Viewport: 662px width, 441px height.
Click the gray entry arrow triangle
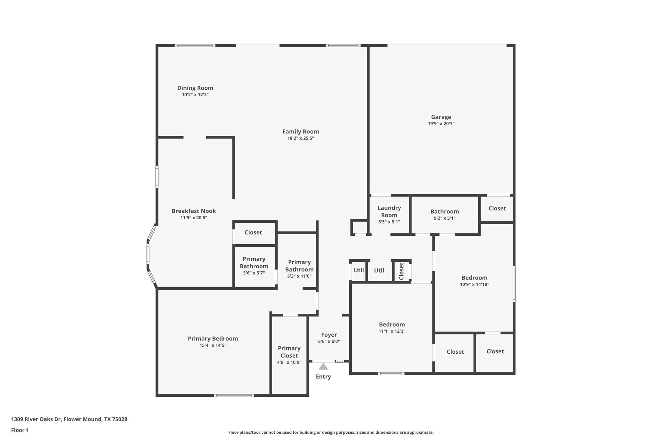(x=323, y=366)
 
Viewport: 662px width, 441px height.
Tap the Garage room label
(x=441, y=117)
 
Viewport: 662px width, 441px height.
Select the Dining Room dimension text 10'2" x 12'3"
(x=195, y=95)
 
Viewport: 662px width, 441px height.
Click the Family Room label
(x=300, y=132)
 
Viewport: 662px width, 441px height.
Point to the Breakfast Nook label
(x=194, y=211)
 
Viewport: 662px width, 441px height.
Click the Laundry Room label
(x=389, y=211)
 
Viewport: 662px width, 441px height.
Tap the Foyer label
(x=329, y=335)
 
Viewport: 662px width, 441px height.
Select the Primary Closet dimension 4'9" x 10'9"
(x=289, y=362)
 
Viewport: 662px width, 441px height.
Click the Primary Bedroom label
(x=213, y=339)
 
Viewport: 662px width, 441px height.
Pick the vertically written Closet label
(x=401, y=271)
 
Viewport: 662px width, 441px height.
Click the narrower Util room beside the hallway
(x=358, y=270)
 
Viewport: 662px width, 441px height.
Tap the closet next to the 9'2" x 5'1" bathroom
(x=497, y=209)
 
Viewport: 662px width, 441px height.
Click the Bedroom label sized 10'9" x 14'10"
(x=474, y=278)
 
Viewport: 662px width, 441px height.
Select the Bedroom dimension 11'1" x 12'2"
(x=392, y=331)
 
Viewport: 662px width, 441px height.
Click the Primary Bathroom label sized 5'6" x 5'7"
(x=254, y=263)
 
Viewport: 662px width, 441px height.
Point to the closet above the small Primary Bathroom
(x=253, y=233)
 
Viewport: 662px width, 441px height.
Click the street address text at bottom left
(x=69, y=419)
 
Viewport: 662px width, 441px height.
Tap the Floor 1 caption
(x=20, y=430)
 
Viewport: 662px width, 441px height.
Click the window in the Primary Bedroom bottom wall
(x=234, y=396)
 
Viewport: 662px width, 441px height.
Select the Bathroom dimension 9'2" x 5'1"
(x=444, y=218)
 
